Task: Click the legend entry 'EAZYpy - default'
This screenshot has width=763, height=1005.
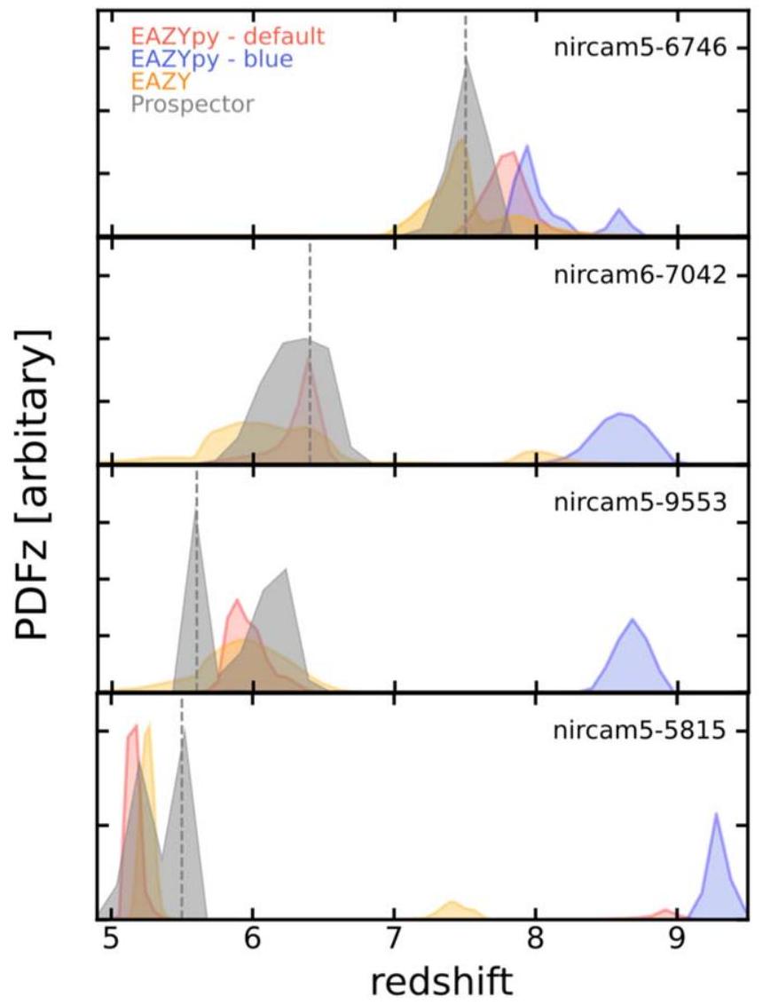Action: point(227,36)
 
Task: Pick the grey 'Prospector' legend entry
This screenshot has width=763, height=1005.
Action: point(192,104)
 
